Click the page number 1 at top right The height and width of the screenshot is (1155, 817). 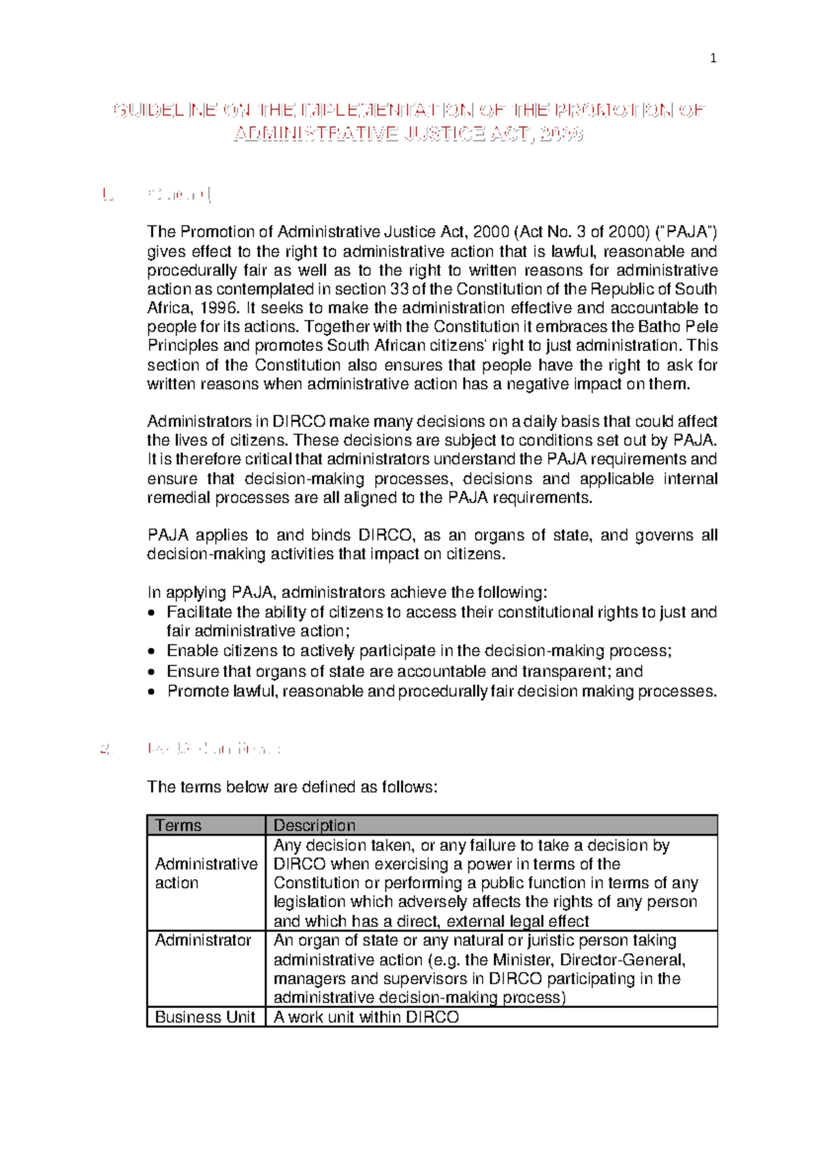click(713, 59)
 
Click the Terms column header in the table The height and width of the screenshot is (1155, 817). click(178, 825)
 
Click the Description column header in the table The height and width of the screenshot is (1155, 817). click(315, 825)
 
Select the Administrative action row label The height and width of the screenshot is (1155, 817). click(206, 874)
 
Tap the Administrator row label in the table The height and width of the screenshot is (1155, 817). click(203, 940)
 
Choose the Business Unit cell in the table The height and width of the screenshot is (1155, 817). click(205, 1017)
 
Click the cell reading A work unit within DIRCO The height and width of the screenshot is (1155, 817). click(366, 1017)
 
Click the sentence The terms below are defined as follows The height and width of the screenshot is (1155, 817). click(292, 787)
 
